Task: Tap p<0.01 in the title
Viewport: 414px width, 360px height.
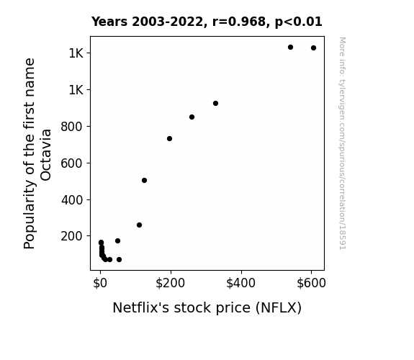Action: click(299, 22)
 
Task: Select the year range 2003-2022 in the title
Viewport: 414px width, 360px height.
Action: click(167, 22)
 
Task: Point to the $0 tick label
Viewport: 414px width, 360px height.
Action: click(100, 283)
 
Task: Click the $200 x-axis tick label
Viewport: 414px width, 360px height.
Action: click(171, 283)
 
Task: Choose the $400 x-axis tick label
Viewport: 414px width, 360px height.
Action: click(240, 283)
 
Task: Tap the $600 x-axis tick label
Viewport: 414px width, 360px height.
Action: click(311, 283)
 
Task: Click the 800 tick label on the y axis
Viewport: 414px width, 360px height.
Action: click(72, 127)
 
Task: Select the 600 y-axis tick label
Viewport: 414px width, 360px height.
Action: click(72, 163)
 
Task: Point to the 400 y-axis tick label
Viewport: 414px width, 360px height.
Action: click(72, 200)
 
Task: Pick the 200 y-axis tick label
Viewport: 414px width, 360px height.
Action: click(72, 236)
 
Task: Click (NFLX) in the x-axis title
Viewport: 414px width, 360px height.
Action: click(279, 308)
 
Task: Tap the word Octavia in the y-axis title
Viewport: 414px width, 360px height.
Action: click(46, 155)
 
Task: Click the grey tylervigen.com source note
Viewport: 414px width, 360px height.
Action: click(343, 143)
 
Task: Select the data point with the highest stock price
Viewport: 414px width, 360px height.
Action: click(313, 48)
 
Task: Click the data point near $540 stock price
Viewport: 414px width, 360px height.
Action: click(290, 48)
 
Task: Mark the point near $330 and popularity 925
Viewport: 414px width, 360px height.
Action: click(215, 103)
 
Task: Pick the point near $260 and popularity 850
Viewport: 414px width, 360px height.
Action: click(192, 117)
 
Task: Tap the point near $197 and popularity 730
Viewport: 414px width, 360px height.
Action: click(169, 139)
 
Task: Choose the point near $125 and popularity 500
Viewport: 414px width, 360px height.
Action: click(144, 181)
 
